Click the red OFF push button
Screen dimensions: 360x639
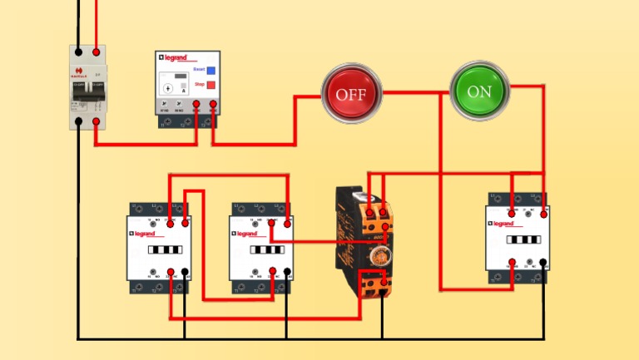click(351, 93)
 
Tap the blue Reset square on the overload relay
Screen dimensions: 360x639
click(211, 72)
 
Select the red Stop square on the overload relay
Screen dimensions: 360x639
click(211, 86)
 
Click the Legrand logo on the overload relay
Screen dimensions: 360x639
click(176, 58)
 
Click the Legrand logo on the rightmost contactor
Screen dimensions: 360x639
click(506, 224)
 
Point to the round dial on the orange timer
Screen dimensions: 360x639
click(380, 253)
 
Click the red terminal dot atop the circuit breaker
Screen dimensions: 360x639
click(98, 52)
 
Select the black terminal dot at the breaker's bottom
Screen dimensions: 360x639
click(79, 121)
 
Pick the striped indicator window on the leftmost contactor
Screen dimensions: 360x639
click(163, 249)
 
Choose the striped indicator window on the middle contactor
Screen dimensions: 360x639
click(265, 249)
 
